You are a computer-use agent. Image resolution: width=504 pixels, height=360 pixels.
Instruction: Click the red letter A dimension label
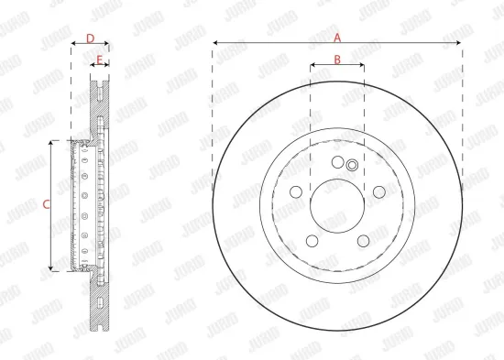coord(337,38)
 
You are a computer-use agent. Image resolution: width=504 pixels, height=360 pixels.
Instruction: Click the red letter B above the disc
coord(336,60)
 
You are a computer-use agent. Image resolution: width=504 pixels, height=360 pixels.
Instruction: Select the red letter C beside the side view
coord(46,205)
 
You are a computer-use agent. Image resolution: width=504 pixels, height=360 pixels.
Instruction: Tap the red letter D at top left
coord(89,38)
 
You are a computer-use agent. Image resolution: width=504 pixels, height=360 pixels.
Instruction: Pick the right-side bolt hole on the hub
coord(378,191)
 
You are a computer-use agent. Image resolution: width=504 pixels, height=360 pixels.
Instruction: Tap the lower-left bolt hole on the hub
coord(312,240)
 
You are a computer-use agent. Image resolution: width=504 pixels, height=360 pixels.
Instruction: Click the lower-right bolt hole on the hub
coord(363,240)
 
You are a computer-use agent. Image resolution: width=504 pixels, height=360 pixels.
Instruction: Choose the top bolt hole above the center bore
coord(337,163)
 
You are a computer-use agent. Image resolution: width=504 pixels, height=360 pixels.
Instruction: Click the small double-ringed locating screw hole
coord(352,166)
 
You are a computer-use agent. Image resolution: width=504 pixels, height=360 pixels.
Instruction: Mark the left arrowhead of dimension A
coord(215,43)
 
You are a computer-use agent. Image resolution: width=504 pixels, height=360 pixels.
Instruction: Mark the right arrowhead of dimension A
coord(459,43)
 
